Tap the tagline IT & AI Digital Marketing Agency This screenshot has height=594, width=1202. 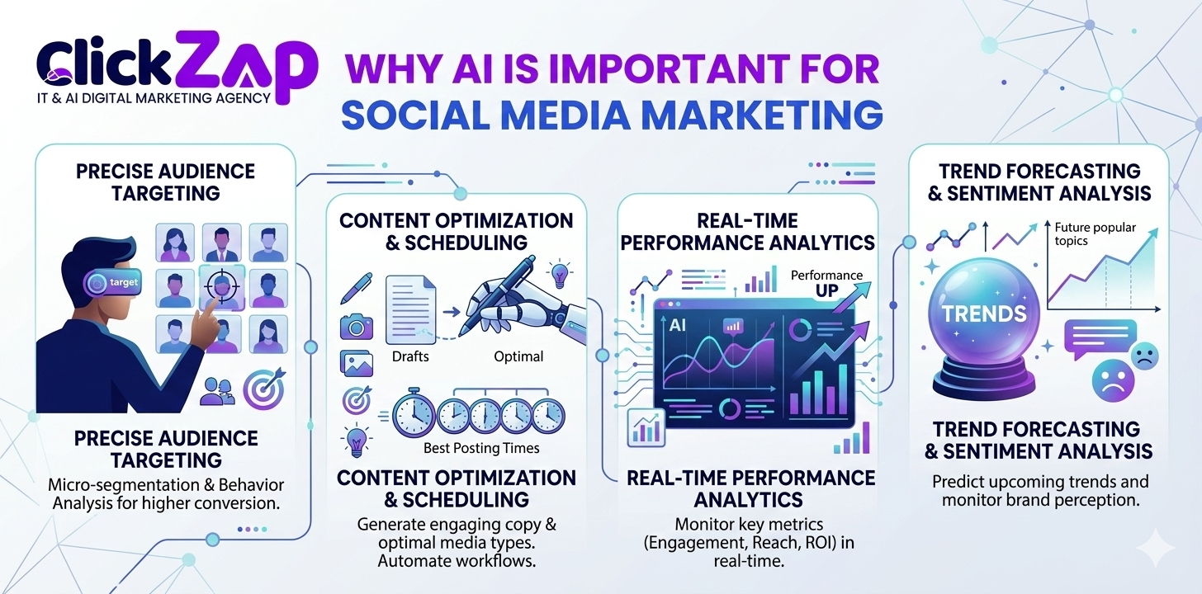click(154, 97)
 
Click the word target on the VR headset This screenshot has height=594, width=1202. click(123, 283)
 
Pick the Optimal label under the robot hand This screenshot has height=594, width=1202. click(518, 356)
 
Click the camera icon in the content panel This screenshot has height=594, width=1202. click(357, 328)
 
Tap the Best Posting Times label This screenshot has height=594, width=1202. click(481, 448)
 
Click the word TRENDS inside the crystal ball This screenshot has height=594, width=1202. click(985, 313)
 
